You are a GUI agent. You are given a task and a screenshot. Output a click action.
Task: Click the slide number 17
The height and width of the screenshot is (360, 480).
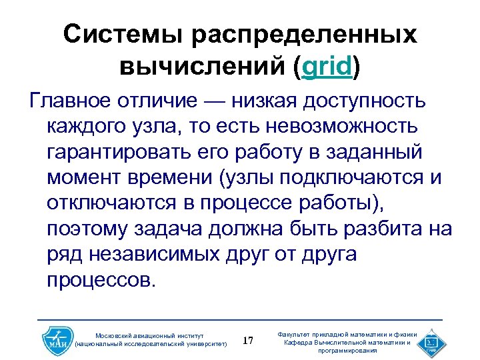point(248,341)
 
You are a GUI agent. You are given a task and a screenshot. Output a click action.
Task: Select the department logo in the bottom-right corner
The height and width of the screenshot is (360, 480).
point(431,341)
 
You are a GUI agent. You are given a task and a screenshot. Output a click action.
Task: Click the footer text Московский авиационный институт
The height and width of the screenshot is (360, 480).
point(149,335)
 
